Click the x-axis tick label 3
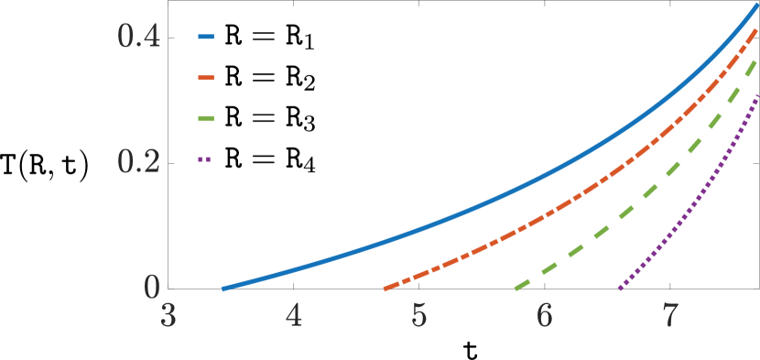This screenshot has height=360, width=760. tap(168, 317)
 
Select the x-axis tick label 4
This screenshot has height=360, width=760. tap(293, 317)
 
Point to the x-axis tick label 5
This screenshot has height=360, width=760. tap(418, 317)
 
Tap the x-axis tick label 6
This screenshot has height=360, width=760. tap(544, 317)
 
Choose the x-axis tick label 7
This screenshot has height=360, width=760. tap(669, 317)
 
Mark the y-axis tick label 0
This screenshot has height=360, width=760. tap(152, 288)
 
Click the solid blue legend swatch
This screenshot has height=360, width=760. tap(205, 38)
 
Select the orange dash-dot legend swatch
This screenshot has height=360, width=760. tap(205, 78)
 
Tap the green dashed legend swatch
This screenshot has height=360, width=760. tap(205, 118)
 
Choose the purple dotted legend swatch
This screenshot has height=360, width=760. tap(204, 159)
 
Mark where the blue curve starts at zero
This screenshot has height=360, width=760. tap(223, 289)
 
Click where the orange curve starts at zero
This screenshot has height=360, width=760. tap(385, 289)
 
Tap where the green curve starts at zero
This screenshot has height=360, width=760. tap(517, 289)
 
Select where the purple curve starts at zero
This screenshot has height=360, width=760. tap(620, 289)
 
